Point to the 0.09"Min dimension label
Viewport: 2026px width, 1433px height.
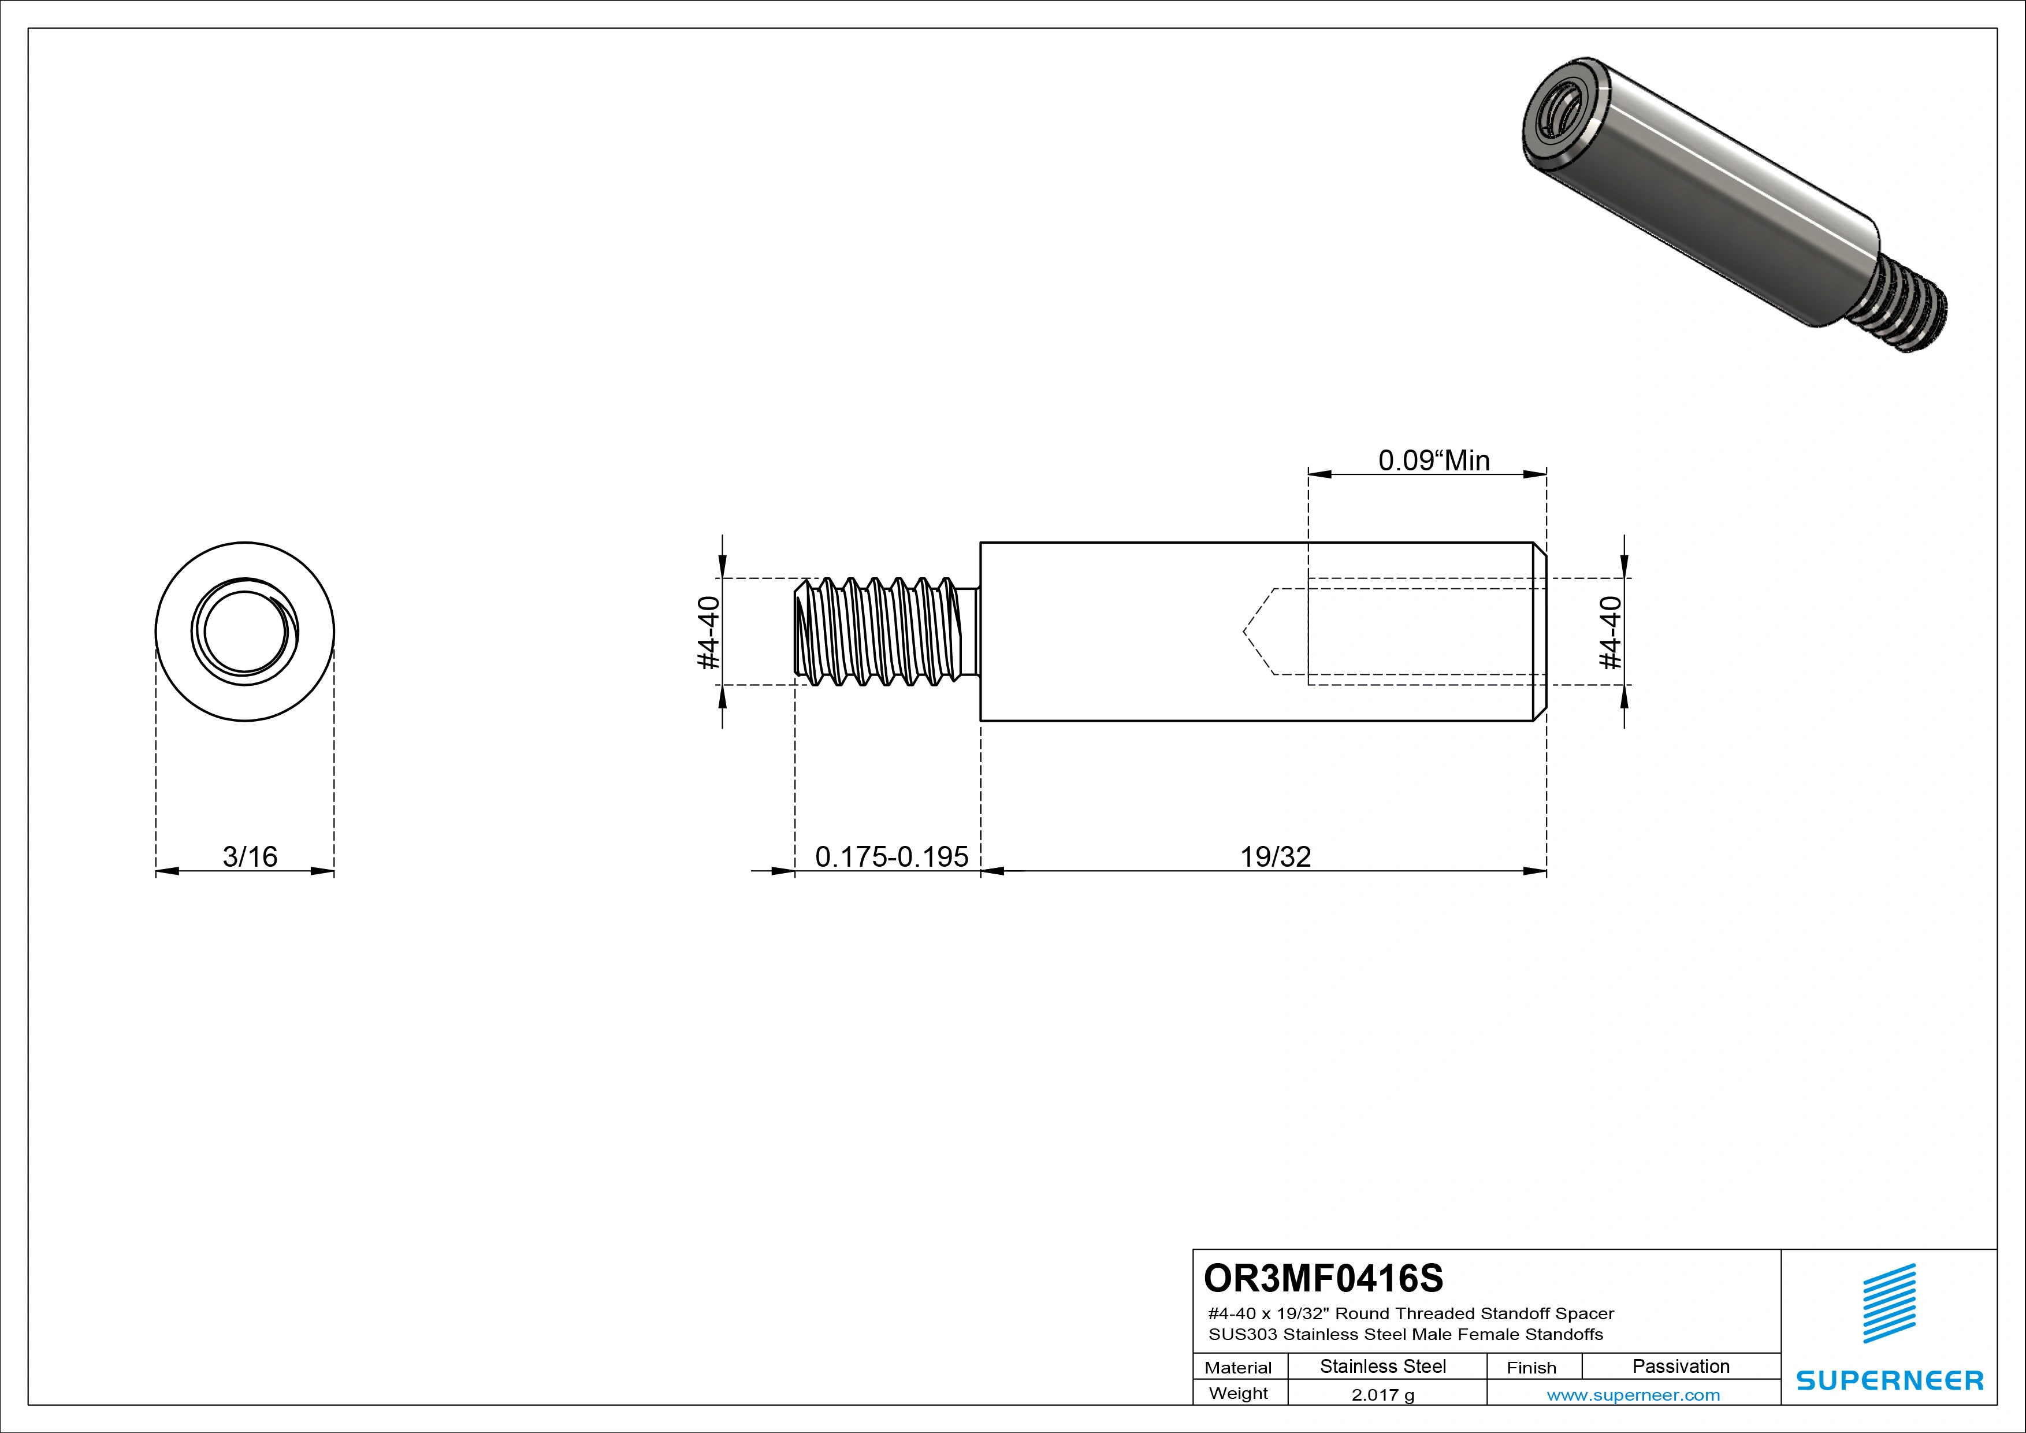(x=1434, y=461)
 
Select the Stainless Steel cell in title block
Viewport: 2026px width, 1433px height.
(x=1382, y=1367)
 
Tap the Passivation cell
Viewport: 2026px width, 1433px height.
(x=1680, y=1367)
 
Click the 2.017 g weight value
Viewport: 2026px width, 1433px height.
(x=1382, y=1395)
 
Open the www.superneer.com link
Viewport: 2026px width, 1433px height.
(x=1633, y=1395)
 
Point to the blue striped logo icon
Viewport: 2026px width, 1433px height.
(x=1889, y=1304)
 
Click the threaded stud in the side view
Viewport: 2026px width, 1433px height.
(x=882, y=632)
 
